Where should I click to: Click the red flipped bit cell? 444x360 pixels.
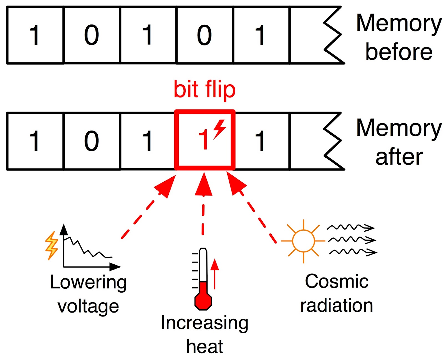point(205,140)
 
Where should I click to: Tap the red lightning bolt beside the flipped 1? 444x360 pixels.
point(220,129)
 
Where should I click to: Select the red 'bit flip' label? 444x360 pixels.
point(205,89)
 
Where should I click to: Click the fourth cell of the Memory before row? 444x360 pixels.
point(205,35)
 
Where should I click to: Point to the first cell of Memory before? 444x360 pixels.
point(35,35)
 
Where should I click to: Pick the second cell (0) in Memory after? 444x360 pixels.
point(92,141)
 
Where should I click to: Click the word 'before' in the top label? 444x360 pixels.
point(399,52)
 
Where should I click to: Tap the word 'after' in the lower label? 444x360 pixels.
point(399,157)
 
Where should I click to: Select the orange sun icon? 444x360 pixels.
point(303,241)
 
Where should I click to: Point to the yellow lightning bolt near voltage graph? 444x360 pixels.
point(52,246)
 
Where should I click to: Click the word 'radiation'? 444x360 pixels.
point(337,306)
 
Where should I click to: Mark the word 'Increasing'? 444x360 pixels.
point(205,323)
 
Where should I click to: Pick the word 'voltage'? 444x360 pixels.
point(88,306)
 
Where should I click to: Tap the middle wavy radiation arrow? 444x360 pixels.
point(352,240)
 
